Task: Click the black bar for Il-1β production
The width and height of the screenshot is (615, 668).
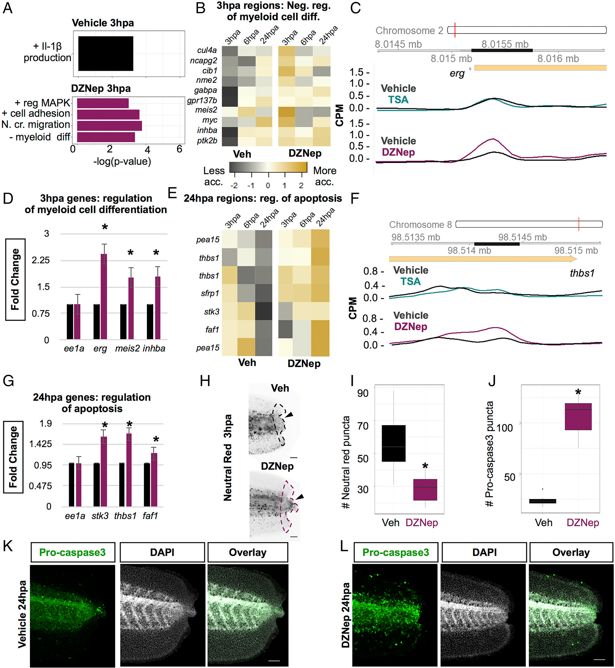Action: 105,53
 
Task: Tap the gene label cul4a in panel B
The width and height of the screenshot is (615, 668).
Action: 207,50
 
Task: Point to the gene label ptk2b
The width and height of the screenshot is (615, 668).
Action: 207,140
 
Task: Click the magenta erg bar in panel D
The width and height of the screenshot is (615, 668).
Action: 104,296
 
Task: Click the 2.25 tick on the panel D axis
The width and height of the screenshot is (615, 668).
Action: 40,260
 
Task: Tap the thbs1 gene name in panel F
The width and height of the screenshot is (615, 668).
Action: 582,273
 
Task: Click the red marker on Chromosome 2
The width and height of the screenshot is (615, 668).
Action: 455,30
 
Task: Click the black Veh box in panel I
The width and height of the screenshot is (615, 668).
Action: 393,443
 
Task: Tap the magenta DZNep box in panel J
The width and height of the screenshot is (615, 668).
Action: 578,417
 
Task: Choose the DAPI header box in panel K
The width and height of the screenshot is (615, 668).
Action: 162,552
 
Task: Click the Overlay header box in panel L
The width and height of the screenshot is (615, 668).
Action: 571,552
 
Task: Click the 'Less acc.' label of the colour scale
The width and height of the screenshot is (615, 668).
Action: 214,176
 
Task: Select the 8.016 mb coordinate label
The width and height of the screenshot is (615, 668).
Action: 558,59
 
